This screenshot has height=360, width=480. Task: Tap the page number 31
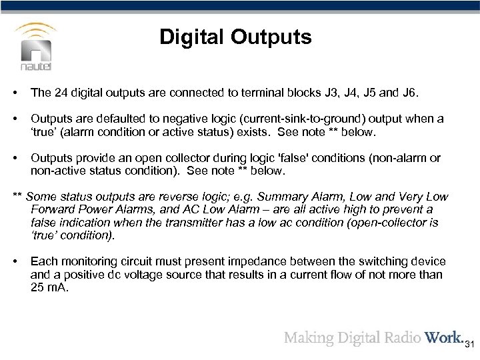(x=469, y=345)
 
